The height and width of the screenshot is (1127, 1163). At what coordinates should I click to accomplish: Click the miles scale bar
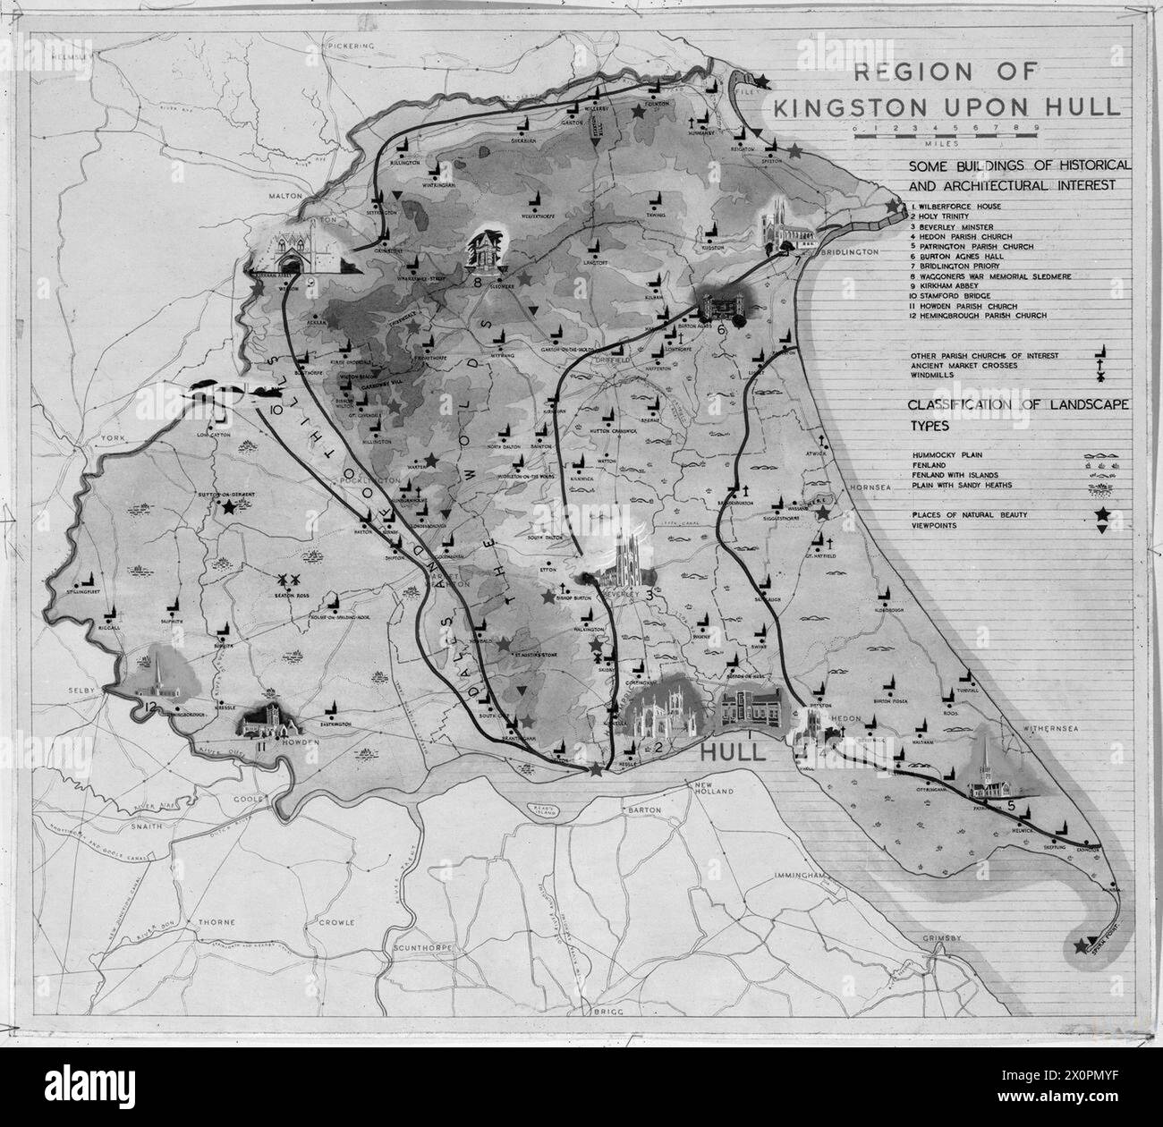coord(945,131)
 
